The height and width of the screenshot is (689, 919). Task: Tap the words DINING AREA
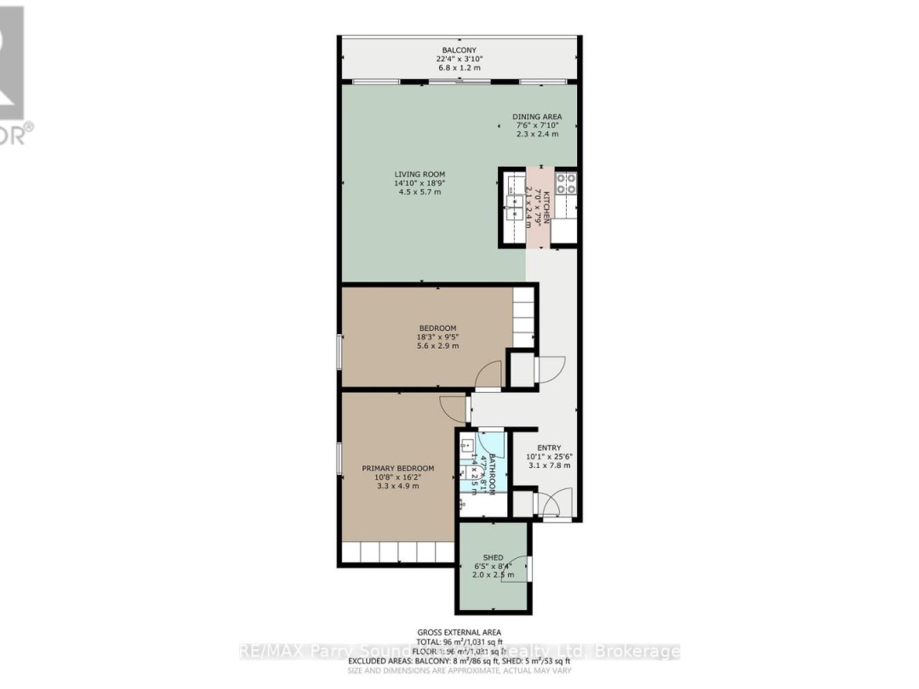point(537,117)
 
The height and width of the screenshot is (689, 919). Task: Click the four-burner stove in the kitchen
point(566,185)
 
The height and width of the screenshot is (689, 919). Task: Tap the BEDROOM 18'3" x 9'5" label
point(437,328)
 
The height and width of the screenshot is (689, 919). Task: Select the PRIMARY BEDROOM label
point(397,468)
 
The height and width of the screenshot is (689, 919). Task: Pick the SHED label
point(494,557)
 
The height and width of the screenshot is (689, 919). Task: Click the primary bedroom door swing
point(454,409)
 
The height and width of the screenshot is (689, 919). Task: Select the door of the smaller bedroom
point(488,375)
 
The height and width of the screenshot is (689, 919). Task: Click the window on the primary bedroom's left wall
point(340,469)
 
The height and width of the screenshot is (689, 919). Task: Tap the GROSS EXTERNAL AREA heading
point(459,632)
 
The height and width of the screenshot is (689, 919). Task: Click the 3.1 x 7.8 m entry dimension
point(549,465)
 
